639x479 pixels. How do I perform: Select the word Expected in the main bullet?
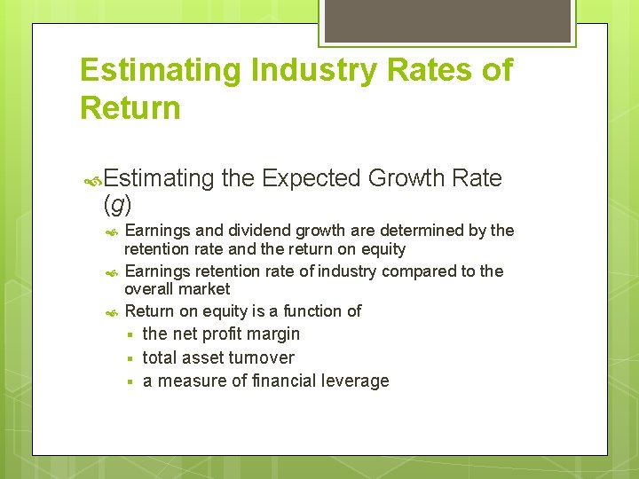[x=309, y=178]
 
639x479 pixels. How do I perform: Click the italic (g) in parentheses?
[x=117, y=205]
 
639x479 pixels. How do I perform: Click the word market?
[x=202, y=289]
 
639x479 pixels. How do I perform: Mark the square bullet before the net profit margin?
[x=129, y=335]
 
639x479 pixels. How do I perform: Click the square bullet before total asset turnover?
[x=129, y=358]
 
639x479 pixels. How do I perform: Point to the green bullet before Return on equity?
[x=112, y=312]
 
